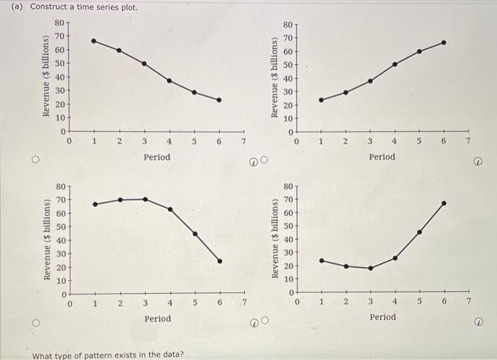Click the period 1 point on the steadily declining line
pyautogui.click(x=94, y=40)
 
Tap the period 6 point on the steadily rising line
pyautogui.click(x=444, y=42)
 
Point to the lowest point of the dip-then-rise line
pyautogui.click(x=370, y=268)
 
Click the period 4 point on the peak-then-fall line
pyautogui.click(x=170, y=209)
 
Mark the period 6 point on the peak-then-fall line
pyautogui.click(x=220, y=261)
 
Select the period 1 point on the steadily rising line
pyautogui.click(x=321, y=100)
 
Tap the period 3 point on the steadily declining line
pyautogui.click(x=144, y=63)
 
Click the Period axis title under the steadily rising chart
pyautogui.click(x=382, y=156)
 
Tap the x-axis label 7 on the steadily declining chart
pyautogui.click(x=243, y=142)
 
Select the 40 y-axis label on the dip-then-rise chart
pyautogui.click(x=287, y=240)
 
